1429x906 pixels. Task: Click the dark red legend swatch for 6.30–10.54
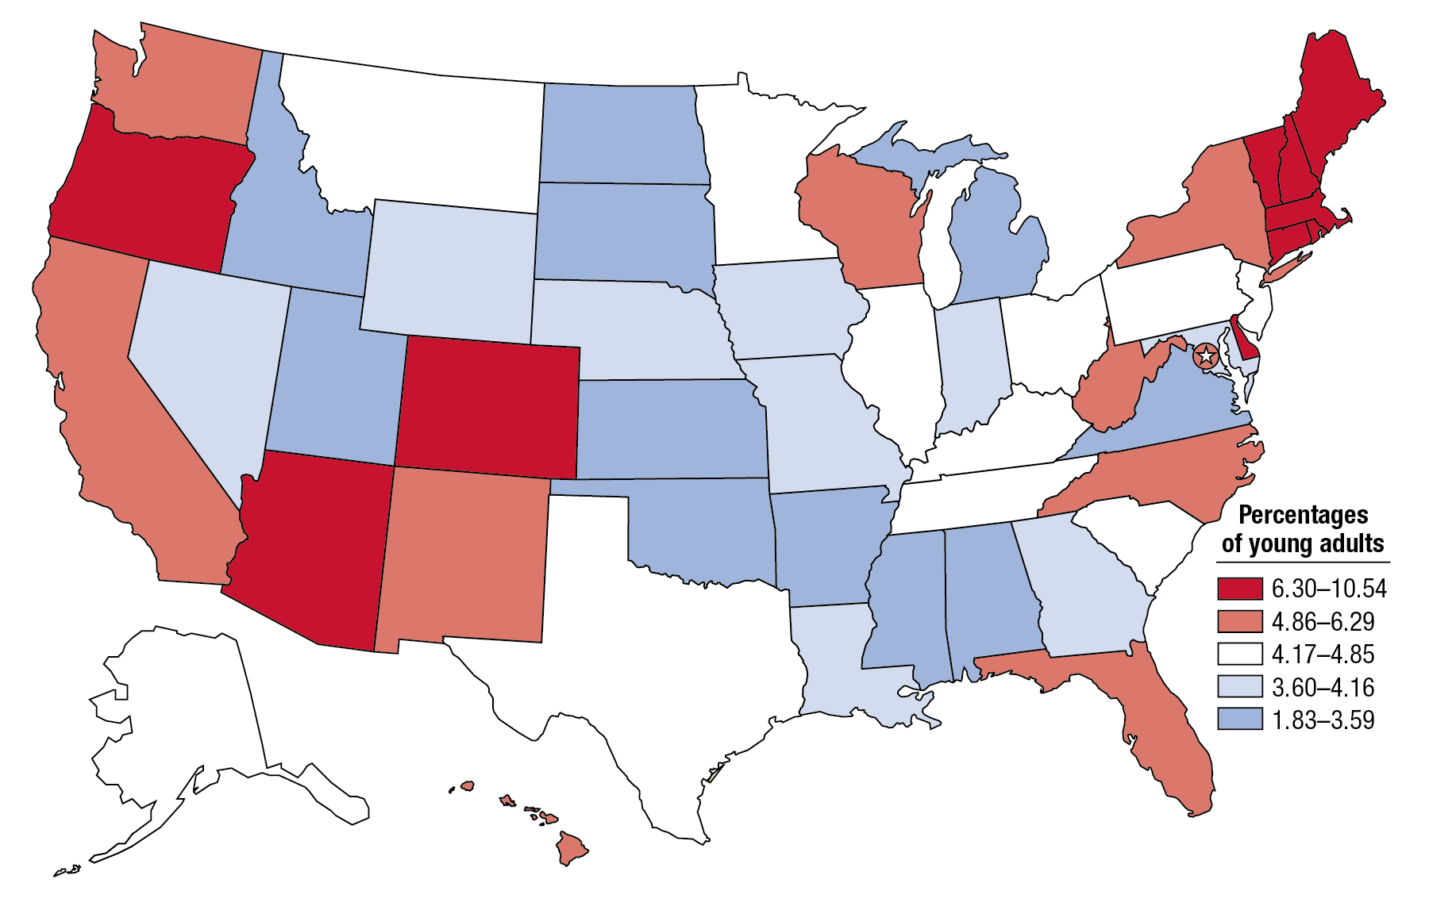[1239, 588]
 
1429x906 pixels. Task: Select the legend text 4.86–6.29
[1323, 621]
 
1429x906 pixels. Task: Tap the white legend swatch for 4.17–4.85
[1239, 654]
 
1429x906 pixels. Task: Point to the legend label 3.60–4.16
[1323, 687]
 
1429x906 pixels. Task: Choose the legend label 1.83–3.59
[1323, 720]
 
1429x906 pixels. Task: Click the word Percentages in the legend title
[1303, 515]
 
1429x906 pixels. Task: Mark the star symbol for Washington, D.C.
[1206, 355]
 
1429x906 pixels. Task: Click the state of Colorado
[486, 406]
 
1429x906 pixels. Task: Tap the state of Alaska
[191, 714]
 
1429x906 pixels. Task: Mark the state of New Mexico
[464, 555]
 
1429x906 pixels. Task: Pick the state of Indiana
[973, 365]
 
